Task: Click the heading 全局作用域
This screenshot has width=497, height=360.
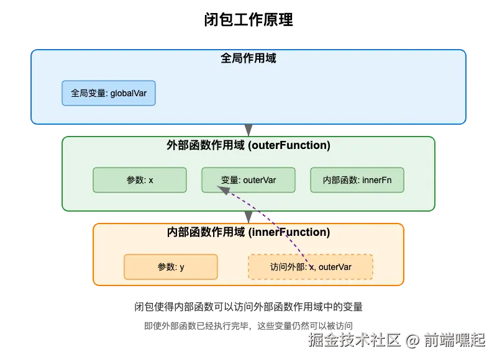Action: (248, 58)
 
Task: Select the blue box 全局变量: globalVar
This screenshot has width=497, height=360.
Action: (109, 93)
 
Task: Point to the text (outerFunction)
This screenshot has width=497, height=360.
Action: (289, 145)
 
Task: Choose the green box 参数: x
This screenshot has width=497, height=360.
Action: (140, 180)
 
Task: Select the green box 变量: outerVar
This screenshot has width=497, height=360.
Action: (248, 180)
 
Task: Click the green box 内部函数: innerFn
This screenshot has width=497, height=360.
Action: (357, 180)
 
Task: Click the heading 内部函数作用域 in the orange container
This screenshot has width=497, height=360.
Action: (207, 232)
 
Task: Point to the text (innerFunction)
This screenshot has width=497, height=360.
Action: (289, 232)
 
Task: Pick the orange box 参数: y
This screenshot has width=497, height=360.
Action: (171, 267)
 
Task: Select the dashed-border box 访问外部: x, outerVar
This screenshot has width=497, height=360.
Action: (311, 267)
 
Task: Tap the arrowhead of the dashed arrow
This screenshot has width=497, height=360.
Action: (222, 192)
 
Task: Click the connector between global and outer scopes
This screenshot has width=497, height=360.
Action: (248, 130)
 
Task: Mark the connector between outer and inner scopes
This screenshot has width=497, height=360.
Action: (248, 217)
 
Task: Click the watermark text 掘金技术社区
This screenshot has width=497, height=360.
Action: (354, 339)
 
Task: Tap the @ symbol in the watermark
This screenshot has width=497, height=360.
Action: (411, 340)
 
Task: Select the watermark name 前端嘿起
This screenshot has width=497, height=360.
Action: (454, 339)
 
